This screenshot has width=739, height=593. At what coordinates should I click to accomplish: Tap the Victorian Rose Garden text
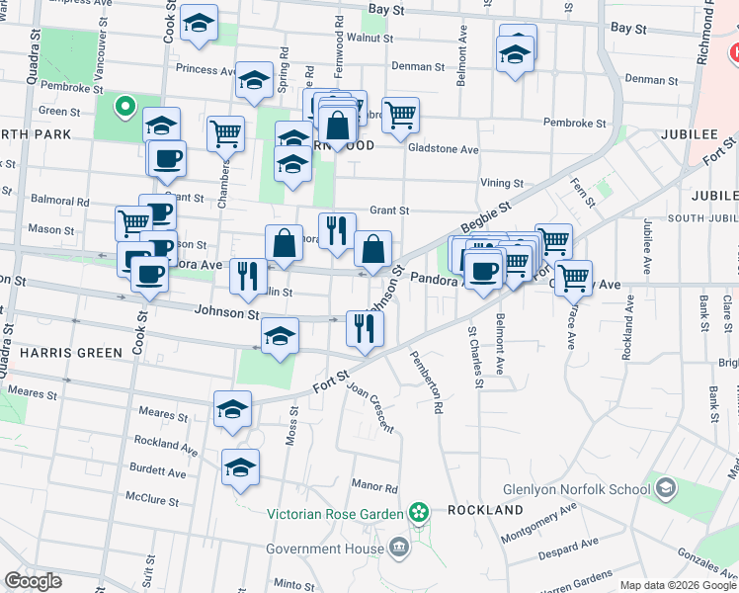point(335,513)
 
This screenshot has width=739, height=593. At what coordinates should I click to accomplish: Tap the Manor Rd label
point(374,487)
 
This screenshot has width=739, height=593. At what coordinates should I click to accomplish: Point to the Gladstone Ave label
point(444,149)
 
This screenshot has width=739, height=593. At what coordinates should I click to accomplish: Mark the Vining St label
point(502,183)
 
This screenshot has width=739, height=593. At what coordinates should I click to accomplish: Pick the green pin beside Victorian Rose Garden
point(419,512)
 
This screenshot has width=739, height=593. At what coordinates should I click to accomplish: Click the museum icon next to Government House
point(397,547)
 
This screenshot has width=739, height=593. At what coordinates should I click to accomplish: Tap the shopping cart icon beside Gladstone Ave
point(400,115)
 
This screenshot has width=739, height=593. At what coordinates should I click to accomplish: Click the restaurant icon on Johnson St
point(365,329)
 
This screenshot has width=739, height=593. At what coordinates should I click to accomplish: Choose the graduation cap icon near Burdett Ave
point(240,467)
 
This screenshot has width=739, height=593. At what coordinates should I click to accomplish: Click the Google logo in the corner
point(33,580)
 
